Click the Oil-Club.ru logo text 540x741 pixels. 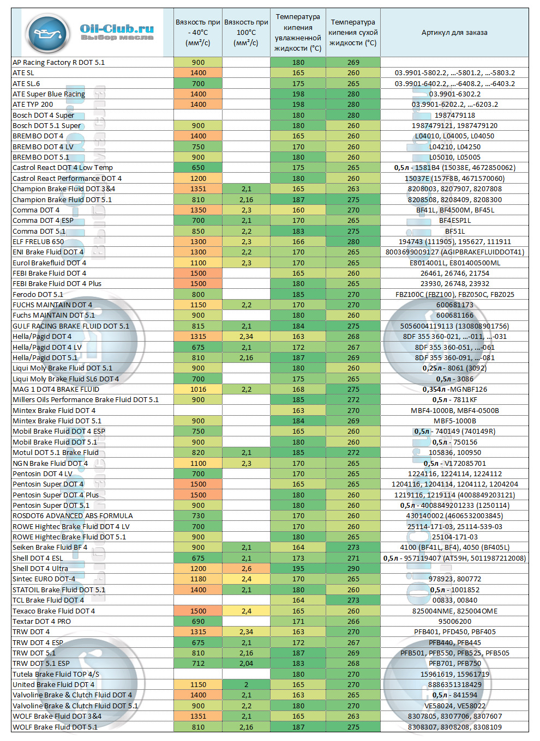tap(117, 29)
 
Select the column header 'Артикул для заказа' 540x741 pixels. tap(454, 33)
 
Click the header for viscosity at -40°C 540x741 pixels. tap(197, 33)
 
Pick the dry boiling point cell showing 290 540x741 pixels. tap(353, 568)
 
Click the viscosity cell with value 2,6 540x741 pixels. tap(246, 568)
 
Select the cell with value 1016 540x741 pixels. tap(198, 389)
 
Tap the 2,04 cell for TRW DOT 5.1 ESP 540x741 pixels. tap(246, 663)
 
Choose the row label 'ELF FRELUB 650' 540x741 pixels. tap(38, 241)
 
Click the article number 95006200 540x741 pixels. tap(454, 621)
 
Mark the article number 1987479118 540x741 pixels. tap(454, 115)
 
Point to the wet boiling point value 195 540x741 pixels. tap(298, 568)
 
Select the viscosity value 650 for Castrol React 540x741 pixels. tap(198, 168)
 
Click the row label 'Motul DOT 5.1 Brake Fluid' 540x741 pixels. tap(56, 452)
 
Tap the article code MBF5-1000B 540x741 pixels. tap(454, 421)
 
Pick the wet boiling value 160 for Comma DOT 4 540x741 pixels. tap(298, 210)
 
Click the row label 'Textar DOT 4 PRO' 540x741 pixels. tap(42, 621)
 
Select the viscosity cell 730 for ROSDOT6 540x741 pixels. tap(198, 515)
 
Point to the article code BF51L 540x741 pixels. tap(454, 231)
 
